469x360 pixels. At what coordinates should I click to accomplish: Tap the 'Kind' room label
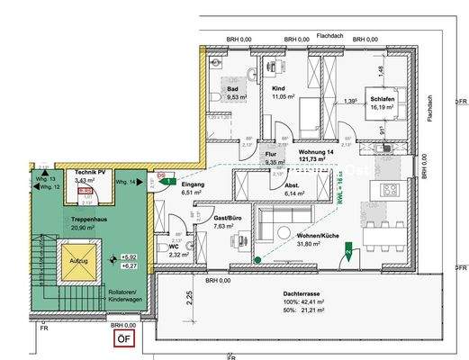pyautogui.click(x=278, y=90)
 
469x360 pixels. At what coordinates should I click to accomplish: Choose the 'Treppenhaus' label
pyautogui.click(x=66, y=219)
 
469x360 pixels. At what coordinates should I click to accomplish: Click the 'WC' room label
pyautogui.click(x=175, y=247)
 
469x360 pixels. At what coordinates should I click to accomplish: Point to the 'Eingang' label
pyautogui.click(x=194, y=184)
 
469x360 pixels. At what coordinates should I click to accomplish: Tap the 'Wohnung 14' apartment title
pyautogui.click(x=318, y=152)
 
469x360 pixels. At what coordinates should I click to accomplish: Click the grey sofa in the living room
pyautogui.click(x=284, y=223)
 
